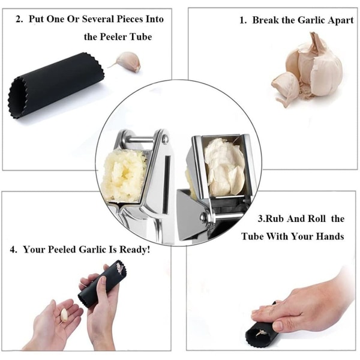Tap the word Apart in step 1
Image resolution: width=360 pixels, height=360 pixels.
pyautogui.click(x=341, y=20)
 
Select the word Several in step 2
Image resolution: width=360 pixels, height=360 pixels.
pyautogui.click(x=98, y=19)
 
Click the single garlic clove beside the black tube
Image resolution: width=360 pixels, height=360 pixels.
pyautogui.click(x=126, y=62)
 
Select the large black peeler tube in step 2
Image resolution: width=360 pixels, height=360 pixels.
pyautogui.click(x=56, y=85)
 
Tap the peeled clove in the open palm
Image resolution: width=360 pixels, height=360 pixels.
pyautogui.click(x=64, y=315)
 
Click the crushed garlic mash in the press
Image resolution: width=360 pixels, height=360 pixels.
pyautogui.click(x=124, y=175)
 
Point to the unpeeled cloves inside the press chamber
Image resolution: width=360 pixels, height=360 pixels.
pyautogui.click(x=224, y=166)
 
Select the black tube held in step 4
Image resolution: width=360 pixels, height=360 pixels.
pyautogui.click(x=103, y=284)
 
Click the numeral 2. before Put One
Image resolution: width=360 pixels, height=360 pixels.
pyautogui.click(x=19, y=19)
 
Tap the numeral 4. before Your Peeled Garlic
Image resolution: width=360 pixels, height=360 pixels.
pyautogui.click(x=14, y=250)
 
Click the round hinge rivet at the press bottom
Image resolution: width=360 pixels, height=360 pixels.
pyautogui.click(x=203, y=217)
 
